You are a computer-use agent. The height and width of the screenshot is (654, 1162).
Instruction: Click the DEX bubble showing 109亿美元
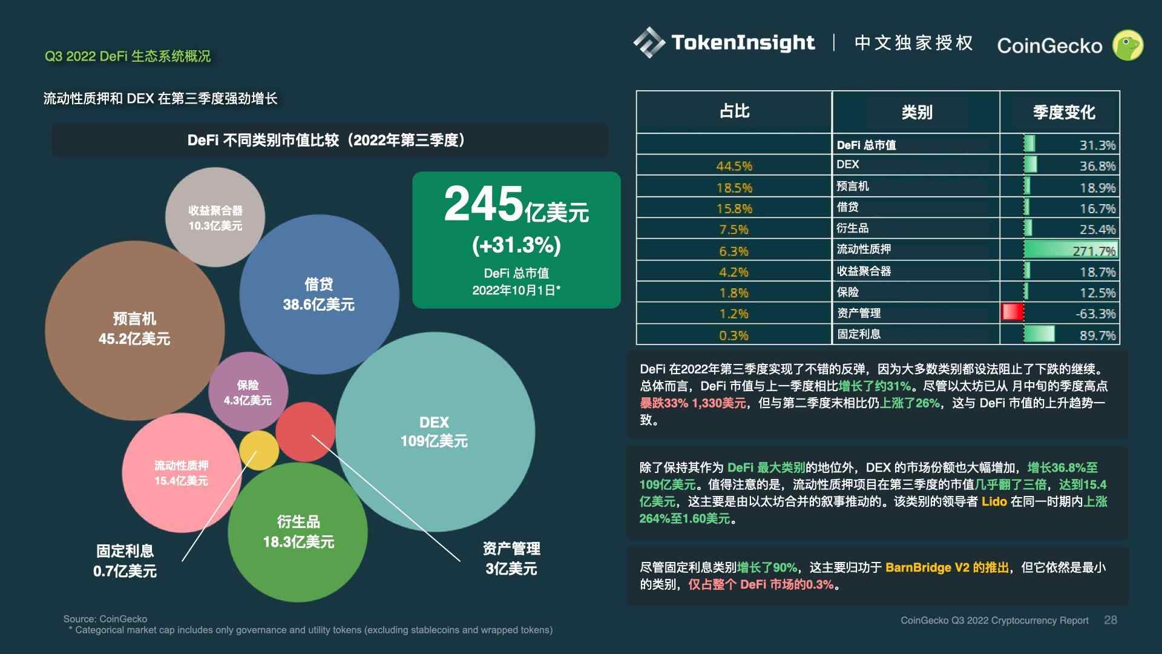click(x=435, y=431)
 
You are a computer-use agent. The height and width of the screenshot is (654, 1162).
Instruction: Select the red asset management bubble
click(x=305, y=431)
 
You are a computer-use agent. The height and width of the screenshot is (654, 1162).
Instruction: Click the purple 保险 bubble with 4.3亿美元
click(x=248, y=392)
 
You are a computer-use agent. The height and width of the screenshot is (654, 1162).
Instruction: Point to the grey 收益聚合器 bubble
click(x=215, y=217)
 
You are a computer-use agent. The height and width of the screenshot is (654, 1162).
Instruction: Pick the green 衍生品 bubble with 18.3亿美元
click(x=298, y=531)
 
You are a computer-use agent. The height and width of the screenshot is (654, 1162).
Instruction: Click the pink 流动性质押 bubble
click(x=181, y=472)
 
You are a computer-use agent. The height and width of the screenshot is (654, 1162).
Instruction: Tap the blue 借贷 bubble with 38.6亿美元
click(x=318, y=294)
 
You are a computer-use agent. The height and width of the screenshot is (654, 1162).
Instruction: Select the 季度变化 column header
click(x=1063, y=112)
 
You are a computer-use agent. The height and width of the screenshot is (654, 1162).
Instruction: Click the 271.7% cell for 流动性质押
click(x=1094, y=250)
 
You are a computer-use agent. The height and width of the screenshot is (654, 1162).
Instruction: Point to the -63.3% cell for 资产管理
click(x=1095, y=314)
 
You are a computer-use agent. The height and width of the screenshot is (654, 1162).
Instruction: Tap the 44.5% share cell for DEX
click(x=734, y=166)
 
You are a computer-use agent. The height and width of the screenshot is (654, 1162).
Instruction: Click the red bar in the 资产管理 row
click(x=1013, y=312)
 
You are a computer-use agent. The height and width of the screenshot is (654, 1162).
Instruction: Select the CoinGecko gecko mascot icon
click(x=1128, y=45)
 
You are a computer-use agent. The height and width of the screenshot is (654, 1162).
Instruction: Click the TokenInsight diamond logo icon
click(x=649, y=42)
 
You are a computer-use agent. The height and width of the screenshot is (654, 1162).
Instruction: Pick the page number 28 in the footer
click(x=1111, y=620)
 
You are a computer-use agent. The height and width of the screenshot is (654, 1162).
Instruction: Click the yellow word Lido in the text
click(x=994, y=501)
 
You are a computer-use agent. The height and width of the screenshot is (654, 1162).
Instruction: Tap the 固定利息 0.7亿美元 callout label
click(x=125, y=561)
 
